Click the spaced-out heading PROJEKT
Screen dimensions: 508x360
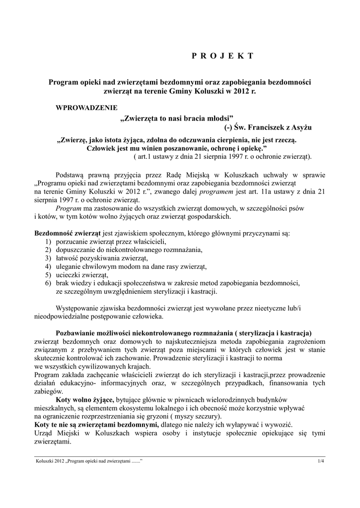[x=222, y=56]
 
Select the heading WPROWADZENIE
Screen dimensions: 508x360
[x=87, y=107]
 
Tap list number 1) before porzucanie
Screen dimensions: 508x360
[x=48, y=242]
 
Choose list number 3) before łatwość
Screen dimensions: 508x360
[x=48, y=258]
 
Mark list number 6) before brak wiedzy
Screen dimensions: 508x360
[x=48, y=283]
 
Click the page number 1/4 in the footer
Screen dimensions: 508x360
[x=320, y=462]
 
